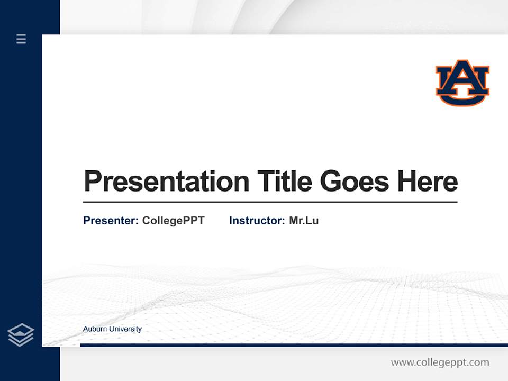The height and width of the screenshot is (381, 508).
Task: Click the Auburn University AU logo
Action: [462, 83]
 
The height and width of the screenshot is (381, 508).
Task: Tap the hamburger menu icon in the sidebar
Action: [21, 39]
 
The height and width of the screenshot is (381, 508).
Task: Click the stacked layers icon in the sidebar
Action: [21, 335]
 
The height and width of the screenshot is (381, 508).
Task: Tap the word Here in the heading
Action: [427, 182]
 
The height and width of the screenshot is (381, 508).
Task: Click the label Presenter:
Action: [111, 221]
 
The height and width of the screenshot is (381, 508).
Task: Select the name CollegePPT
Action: [173, 221]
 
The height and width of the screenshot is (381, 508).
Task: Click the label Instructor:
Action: [257, 221]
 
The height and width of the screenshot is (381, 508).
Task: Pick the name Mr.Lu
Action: [304, 221]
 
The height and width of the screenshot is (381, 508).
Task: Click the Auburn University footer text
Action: [112, 329]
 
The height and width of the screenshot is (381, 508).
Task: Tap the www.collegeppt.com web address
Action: [440, 362]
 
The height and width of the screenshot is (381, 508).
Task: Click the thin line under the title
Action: [270, 202]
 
